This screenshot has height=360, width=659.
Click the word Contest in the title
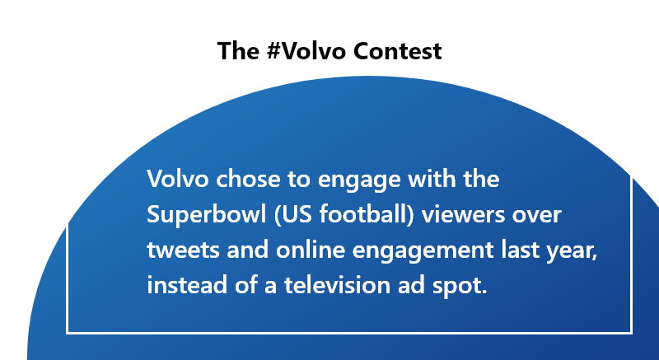pyautogui.click(x=398, y=51)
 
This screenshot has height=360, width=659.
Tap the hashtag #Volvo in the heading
pyautogui.click(x=306, y=51)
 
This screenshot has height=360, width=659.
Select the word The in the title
pyautogui.click(x=238, y=51)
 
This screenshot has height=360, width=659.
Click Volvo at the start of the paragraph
pyautogui.click(x=178, y=179)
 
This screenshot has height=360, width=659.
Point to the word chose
pyautogui.click(x=248, y=179)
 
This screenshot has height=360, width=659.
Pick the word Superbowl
pyautogui.click(x=207, y=215)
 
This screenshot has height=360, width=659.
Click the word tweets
pyautogui.click(x=183, y=250)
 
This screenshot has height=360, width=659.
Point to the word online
pyautogui.click(x=311, y=250)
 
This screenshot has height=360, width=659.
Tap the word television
pyautogui.click(x=337, y=285)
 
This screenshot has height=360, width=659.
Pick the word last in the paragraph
pyautogui.click(x=520, y=250)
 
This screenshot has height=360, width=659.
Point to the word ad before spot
pyautogui.click(x=411, y=285)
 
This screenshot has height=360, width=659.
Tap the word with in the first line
pyautogui.click(x=432, y=179)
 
